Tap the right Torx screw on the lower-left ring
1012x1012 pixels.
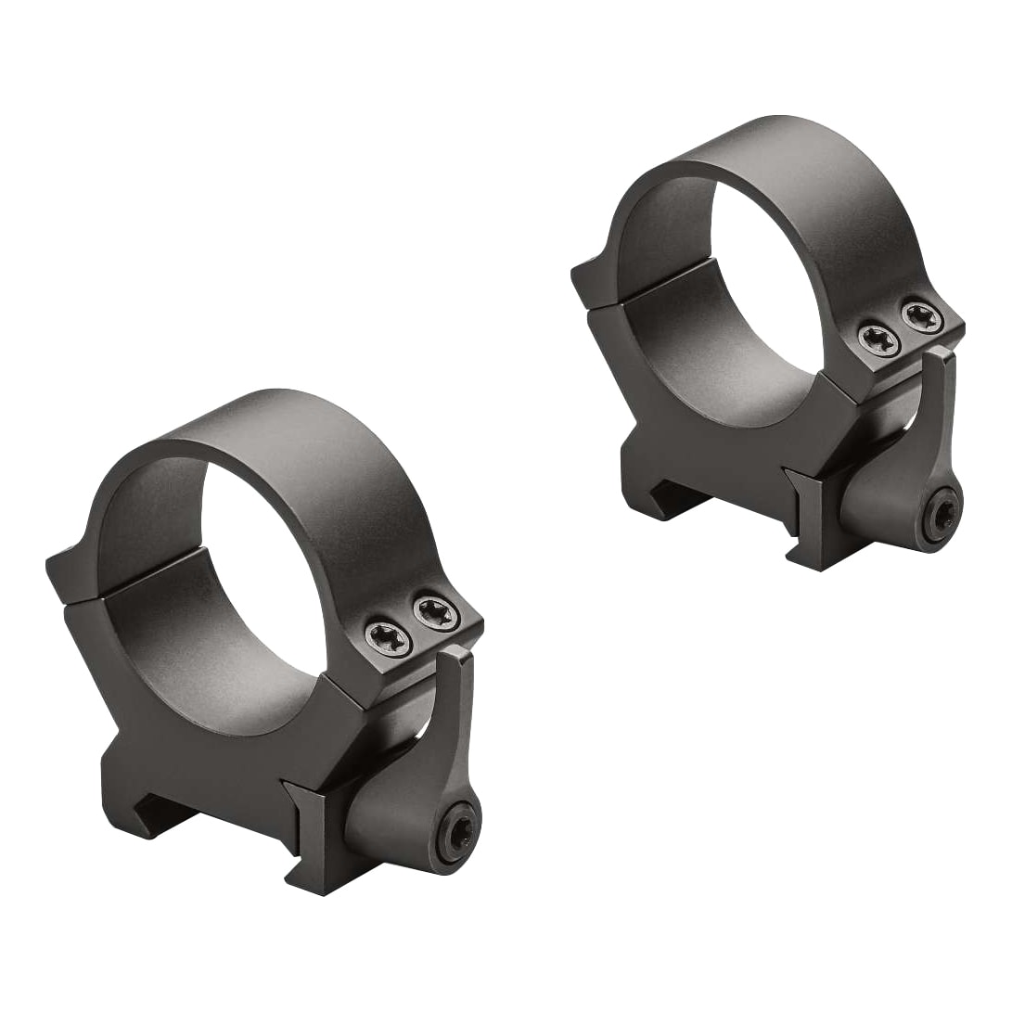pyautogui.click(x=435, y=613)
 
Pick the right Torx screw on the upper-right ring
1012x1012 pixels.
pyautogui.click(x=922, y=317)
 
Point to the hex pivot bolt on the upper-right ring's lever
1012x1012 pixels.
pyautogui.click(x=941, y=517)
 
